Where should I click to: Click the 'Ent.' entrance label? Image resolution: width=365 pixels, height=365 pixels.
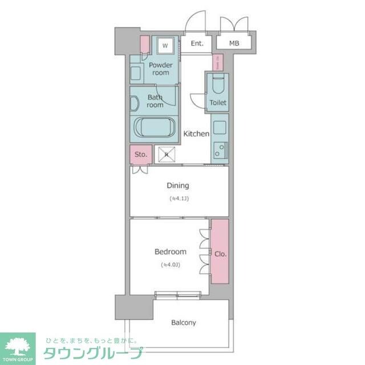197,43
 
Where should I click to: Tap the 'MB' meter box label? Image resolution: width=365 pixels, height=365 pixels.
234,43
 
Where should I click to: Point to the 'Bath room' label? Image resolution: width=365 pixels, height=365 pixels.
155,101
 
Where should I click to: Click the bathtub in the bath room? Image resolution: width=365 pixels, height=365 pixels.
154,127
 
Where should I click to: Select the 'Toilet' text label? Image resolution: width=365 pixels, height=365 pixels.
218,103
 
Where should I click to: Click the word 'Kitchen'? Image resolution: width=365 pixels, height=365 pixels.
196,133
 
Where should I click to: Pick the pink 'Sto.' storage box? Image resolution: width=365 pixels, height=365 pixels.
141,154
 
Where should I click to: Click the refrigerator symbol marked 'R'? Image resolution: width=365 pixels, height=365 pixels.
167,154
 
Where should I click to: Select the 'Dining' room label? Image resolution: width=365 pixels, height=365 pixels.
177,185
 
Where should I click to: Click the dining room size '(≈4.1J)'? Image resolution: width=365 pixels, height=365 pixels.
179,198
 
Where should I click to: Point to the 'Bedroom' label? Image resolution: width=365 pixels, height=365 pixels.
171,252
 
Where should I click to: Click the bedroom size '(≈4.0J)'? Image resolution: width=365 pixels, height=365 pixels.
171,265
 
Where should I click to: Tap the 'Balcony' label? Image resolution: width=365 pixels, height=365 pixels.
184,322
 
